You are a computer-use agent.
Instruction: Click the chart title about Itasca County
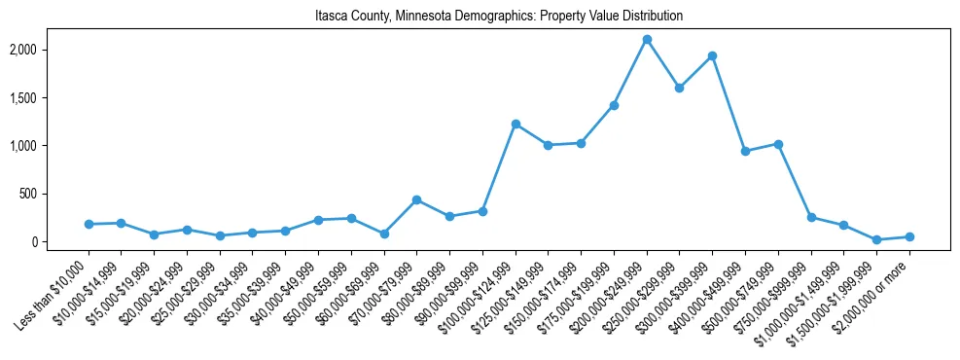click(x=499, y=17)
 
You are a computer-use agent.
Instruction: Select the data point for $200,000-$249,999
click(x=647, y=40)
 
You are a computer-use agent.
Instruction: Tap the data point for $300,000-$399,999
click(x=713, y=56)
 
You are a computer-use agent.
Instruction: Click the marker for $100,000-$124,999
click(x=516, y=125)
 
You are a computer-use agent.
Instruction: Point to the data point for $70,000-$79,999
click(x=416, y=200)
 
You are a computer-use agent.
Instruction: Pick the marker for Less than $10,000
click(x=89, y=224)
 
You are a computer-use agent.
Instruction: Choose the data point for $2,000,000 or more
click(x=909, y=236)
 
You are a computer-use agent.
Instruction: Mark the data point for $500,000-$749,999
click(x=778, y=144)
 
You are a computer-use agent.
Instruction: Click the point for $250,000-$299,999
click(x=680, y=88)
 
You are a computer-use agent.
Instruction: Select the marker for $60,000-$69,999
click(x=384, y=234)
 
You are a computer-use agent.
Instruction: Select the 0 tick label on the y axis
click(x=59, y=242)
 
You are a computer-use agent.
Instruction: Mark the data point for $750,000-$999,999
click(x=811, y=218)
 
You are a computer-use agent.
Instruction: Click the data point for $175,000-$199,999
click(x=614, y=105)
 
